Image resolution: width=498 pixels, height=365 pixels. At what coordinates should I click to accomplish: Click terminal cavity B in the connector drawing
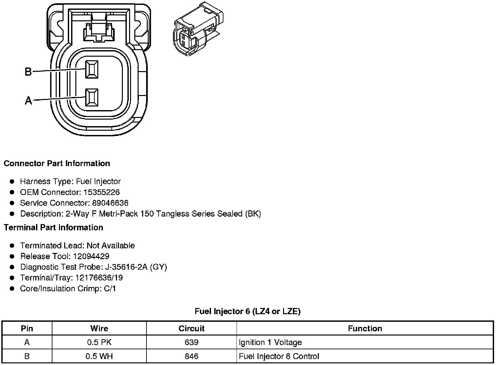click(x=91, y=69)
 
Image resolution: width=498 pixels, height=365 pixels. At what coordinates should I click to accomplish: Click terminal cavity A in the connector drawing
click(x=91, y=97)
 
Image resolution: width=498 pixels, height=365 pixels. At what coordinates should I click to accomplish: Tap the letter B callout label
click(x=28, y=71)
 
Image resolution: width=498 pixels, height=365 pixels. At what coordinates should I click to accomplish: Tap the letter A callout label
click(x=29, y=100)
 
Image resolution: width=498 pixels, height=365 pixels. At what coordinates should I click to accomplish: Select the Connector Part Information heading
click(x=57, y=163)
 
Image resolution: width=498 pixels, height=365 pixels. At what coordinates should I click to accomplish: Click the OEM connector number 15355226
click(x=101, y=192)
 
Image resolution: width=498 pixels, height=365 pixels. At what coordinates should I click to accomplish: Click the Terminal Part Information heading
click(x=53, y=227)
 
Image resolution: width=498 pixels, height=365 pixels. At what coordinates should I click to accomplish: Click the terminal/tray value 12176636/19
click(x=99, y=278)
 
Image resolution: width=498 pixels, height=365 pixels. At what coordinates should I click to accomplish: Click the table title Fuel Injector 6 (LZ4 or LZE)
click(x=247, y=311)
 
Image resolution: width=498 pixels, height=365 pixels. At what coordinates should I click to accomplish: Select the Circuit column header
click(x=191, y=328)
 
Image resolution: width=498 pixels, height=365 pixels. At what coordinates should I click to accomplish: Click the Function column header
click(x=365, y=328)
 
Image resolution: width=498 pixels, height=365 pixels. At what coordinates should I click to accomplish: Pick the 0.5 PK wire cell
click(x=99, y=342)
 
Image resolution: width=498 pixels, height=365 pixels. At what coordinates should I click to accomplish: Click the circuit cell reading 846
click(x=191, y=356)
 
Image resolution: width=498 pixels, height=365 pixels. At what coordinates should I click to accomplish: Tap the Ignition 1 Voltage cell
click(x=270, y=342)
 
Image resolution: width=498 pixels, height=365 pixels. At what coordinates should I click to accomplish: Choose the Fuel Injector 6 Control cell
click(x=279, y=356)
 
